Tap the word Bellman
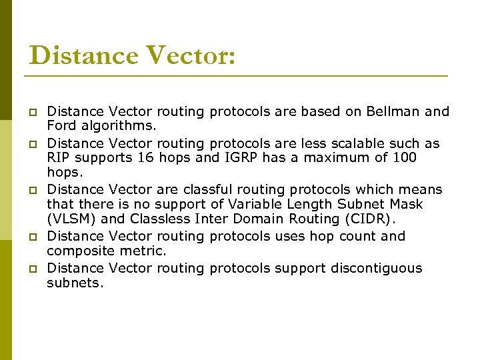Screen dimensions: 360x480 click(x=393, y=111)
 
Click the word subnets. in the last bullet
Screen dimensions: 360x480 click(x=75, y=283)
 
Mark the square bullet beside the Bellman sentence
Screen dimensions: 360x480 click(x=31, y=112)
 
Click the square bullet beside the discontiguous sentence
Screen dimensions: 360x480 click(x=31, y=269)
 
